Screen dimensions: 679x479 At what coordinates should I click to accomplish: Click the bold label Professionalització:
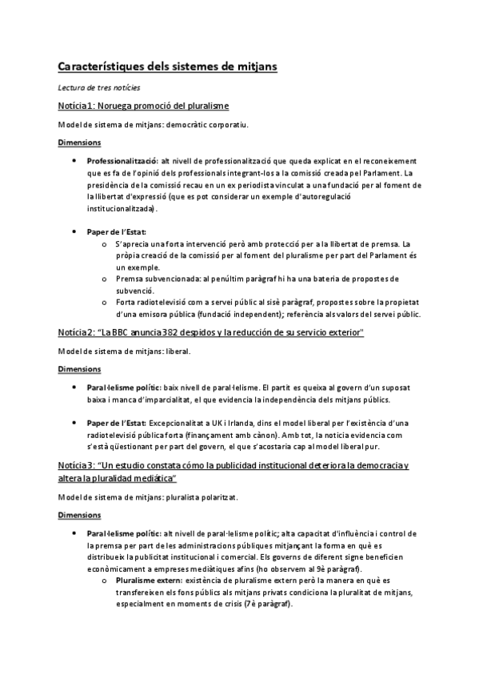pyautogui.click(x=122, y=161)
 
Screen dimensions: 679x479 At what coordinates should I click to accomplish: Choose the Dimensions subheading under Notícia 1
pyautogui.click(x=79, y=143)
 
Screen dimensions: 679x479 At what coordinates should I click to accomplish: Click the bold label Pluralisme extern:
pyautogui.click(x=149, y=580)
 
